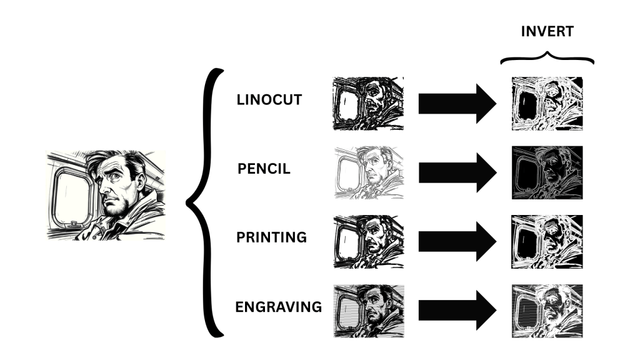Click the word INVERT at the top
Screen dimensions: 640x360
click(x=547, y=31)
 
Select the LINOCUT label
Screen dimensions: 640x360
click(x=269, y=99)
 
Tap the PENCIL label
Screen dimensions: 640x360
click(x=264, y=169)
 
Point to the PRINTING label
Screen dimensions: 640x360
click(x=271, y=237)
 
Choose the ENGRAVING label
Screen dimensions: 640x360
click(x=279, y=306)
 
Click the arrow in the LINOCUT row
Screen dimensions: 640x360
click(x=457, y=104)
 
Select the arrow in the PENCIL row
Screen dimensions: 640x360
click(x=457, y=172)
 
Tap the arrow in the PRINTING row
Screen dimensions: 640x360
click(x=457, y=242)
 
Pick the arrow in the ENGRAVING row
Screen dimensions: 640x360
click(x=457, y=310)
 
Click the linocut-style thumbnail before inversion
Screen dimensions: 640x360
click(x=369, y=104)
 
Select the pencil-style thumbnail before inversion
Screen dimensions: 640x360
click(x=369, y=172)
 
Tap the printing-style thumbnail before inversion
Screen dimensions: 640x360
click(x=369, y=242)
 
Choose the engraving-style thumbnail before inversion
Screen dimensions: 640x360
click(x=369, y=311)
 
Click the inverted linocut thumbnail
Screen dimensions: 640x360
click(x=547, y=104)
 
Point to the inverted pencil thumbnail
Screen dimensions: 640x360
click(x=547, y=172)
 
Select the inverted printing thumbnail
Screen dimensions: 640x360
click(x=547, y=242)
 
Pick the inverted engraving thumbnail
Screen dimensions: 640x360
click(x=547, y=311)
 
